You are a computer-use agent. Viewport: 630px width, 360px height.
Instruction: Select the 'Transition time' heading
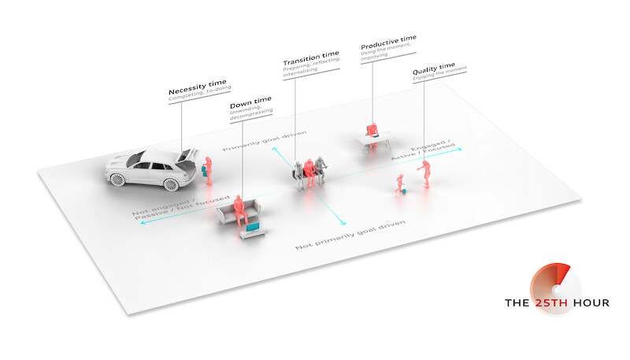pos(311,61)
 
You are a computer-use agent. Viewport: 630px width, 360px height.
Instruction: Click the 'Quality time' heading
pos(436,71)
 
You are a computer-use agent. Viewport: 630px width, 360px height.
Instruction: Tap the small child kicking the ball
pos(399,184)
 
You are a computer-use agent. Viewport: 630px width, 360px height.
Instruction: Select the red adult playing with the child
pos(427,174)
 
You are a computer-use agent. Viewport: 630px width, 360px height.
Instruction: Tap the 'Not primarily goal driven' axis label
pos(350,236)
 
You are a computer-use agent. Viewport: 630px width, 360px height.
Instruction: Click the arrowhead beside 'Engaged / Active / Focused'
pos(462,148)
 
